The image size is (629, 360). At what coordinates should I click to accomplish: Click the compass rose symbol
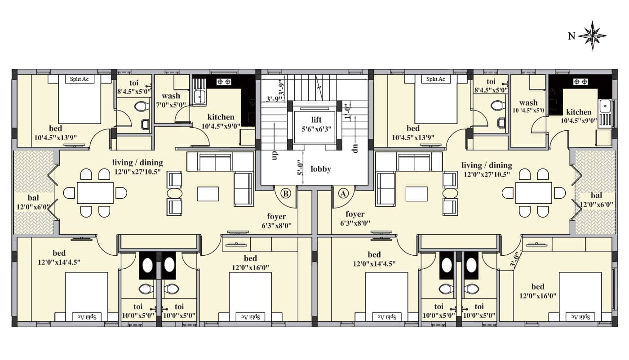coord(593,36)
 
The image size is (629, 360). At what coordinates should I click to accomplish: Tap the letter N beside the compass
coord(571,36)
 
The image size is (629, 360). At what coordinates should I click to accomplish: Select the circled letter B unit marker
coord(286,193)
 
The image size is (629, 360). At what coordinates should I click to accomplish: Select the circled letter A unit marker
coord(343,193)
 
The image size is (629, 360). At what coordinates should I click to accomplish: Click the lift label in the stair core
coord(316,120)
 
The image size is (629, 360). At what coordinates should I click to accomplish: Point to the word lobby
coord(321,169)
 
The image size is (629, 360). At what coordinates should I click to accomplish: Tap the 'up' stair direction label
coord(275,155)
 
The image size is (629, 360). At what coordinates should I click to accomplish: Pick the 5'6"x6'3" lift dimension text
coord(316,129)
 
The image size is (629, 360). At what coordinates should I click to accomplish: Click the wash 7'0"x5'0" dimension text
coord(171,105)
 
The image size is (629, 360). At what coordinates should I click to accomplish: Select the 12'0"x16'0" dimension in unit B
coord(250,267)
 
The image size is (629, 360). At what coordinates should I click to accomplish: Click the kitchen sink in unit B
coord(199,97)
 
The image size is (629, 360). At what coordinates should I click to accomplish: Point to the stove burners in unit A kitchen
coord(580,82)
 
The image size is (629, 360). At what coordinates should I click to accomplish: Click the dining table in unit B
coord(95,193)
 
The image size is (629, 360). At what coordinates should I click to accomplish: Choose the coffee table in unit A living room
coord(417,194)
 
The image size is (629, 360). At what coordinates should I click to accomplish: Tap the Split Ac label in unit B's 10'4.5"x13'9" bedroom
coord(79,79)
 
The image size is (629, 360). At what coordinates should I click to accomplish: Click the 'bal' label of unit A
coord(596,196)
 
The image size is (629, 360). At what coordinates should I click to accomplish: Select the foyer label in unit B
coord(277,217)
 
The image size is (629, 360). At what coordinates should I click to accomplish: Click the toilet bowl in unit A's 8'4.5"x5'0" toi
coord(498,105)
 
